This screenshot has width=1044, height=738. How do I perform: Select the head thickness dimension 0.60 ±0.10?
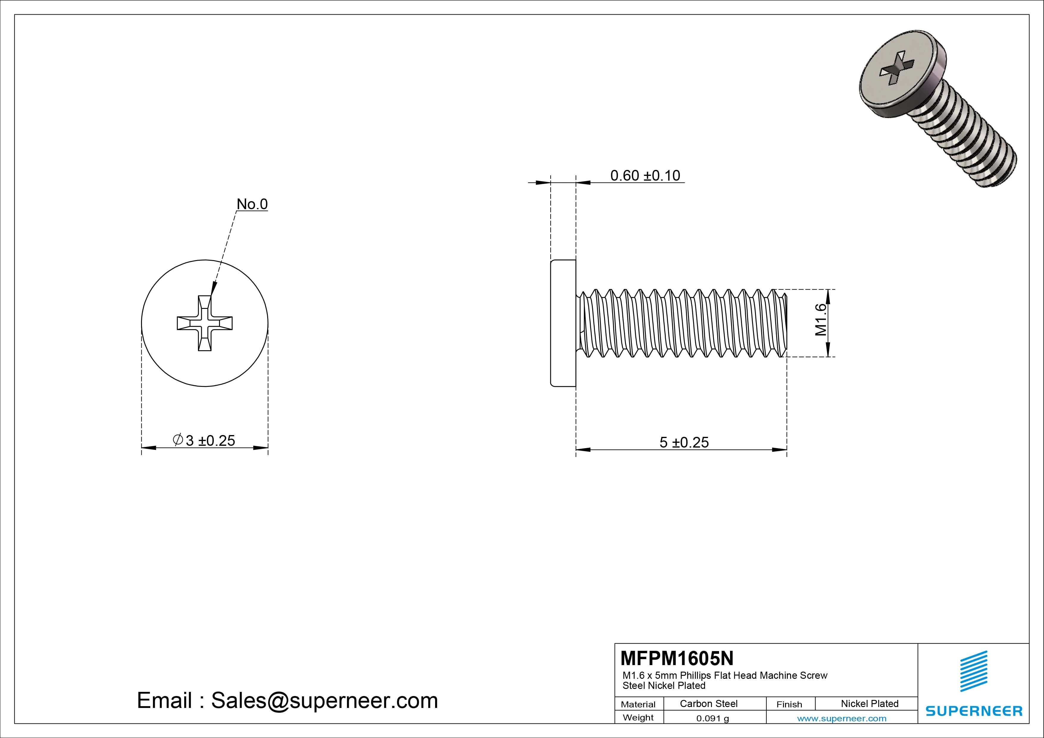tap(645, 176)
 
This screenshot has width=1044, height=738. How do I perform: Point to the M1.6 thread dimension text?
tap(821, 320)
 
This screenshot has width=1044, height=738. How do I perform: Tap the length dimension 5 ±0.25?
tap(684, 442)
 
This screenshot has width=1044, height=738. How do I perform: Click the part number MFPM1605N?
tap(676, 658)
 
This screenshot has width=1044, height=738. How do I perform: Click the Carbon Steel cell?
tap(708, 703)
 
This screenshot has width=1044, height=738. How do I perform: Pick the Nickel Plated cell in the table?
tap(869, 703)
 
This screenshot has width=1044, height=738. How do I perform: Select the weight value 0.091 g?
tap(712, 718)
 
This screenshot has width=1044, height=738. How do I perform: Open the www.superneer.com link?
tap(842, 718)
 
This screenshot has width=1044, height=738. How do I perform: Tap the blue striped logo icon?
tap(973, 671)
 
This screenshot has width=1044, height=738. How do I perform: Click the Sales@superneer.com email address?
tap(324, 700)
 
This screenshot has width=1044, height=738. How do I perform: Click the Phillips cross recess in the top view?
tap(205, 323)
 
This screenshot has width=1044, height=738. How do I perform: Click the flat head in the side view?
tap(563, 323)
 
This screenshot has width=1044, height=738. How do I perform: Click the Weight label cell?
tap(638, 717)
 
